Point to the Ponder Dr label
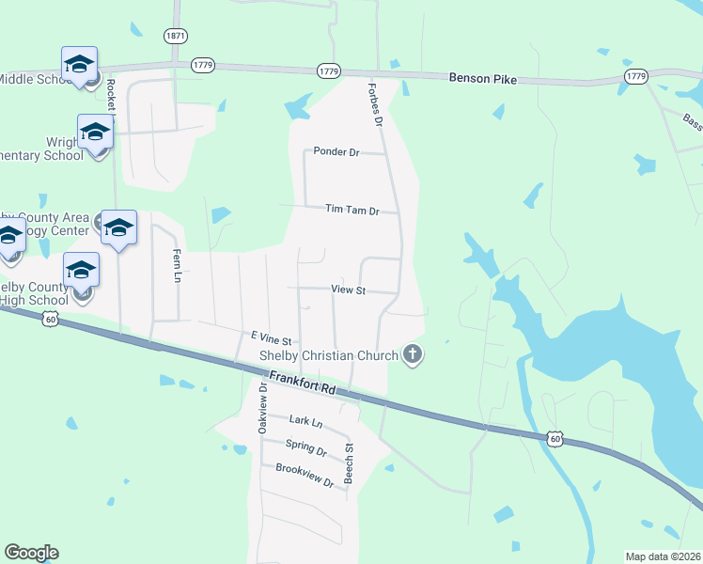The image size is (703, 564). point(336,150)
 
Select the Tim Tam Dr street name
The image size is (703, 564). point(351,211)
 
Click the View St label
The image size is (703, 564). point(348,290)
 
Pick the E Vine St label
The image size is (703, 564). point(272,337)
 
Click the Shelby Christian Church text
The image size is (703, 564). point(329,355)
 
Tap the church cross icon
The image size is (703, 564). point(412,354)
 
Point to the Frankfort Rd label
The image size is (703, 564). point(302,381)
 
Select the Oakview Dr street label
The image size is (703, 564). point(262,408)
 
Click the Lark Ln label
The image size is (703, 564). point(305,422)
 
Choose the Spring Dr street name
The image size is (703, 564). point(306,450)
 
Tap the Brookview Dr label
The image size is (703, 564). point(305,475)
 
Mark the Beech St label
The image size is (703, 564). point(349,463)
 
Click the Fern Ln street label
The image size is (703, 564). point(176,265)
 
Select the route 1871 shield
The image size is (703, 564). point(175,36)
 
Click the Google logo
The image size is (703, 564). point(31,553)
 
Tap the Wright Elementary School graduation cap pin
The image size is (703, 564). point(95,132)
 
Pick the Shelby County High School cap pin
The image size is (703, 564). point(82,270)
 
